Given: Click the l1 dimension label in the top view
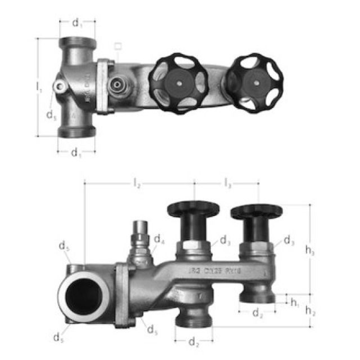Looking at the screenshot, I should coord(39,88).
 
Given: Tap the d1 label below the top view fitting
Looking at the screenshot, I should coord(76,152).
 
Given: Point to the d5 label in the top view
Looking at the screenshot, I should coord(51,115).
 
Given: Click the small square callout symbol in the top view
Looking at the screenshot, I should coord(117,46).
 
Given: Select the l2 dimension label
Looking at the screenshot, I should coord(137,183).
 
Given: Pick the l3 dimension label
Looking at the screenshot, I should coord(228,183).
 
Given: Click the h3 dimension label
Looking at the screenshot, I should coord(310,251).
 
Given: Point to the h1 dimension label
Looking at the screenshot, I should coord(295,302).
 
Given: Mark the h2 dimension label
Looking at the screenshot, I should coord(309,310).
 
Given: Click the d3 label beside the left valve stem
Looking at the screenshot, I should coord(225,241).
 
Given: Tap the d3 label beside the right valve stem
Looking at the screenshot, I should coord(288,241).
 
